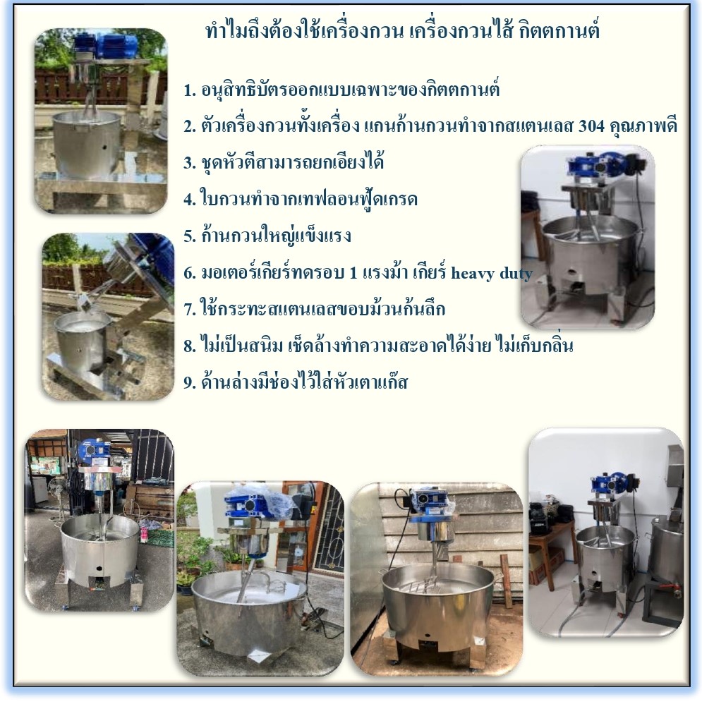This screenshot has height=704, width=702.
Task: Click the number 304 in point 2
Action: [591, 126]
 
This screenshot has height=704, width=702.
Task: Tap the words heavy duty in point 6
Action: [491, 273]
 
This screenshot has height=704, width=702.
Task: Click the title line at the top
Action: [402, 31]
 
